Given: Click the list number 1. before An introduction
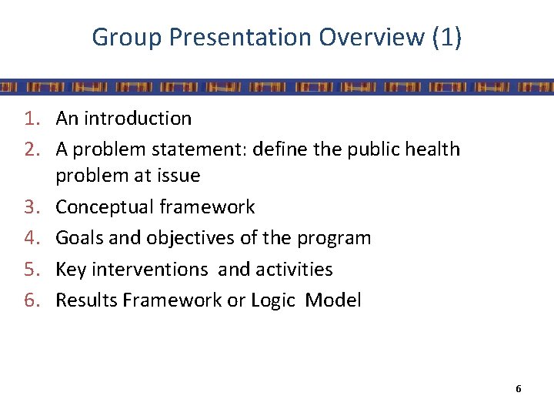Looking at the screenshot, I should click(x=32, y=119).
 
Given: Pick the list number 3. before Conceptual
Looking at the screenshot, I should click(x=32, y=207).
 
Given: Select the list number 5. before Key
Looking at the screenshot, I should click(x=32, y=269).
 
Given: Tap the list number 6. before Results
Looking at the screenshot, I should click(x=32, y=300).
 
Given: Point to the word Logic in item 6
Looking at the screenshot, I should click(x=272, y=300).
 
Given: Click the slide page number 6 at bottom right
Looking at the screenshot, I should click(x=519, y=389).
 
